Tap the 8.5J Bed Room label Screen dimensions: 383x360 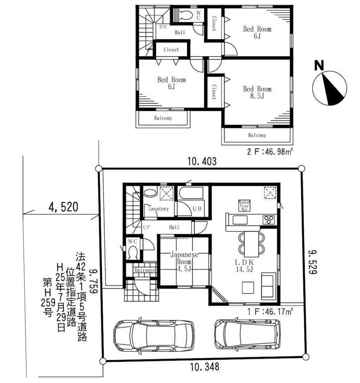257,92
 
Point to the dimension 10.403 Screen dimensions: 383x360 202,162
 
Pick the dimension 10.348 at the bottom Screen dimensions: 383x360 204,367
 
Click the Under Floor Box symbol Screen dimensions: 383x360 244,205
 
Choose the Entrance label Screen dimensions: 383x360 145,270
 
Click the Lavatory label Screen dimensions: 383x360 158,209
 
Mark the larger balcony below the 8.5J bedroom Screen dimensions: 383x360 257,136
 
